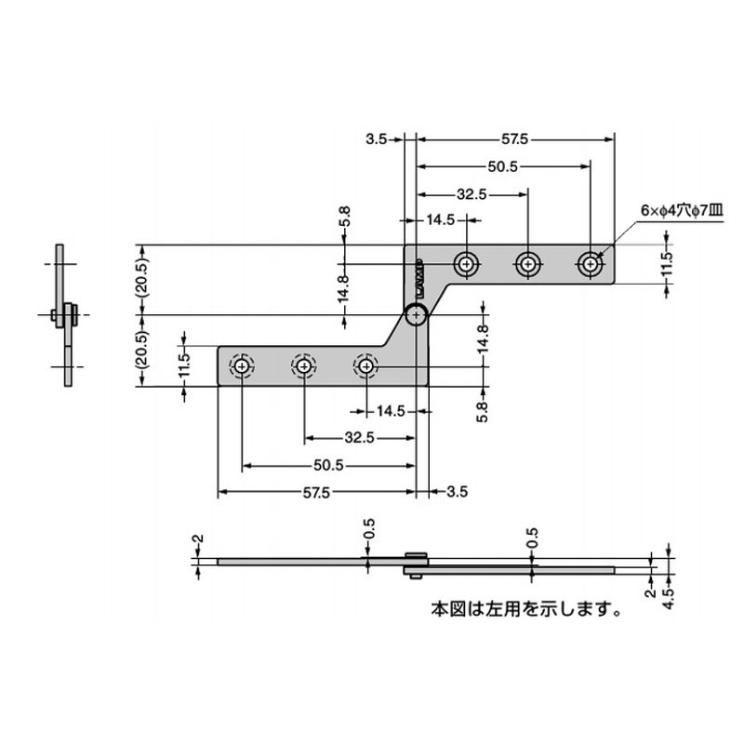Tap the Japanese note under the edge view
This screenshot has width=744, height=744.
pos(525,610)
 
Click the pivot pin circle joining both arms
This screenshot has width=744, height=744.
pos(417,315)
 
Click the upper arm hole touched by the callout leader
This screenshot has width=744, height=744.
pos(589,265)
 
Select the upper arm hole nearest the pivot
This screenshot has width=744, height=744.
pos(467,265)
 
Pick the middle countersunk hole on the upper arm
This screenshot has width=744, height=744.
pos(528,265)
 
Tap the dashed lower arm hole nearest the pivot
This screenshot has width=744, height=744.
pos(366,366)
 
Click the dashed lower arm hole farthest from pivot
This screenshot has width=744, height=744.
pos(242,366)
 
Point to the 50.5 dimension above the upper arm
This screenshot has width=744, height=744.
pos(502,166)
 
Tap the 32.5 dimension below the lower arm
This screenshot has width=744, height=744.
pos(358,438)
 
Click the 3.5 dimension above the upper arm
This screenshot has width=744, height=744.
pos(376,139)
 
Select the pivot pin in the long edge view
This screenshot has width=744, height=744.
pos(416,565)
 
